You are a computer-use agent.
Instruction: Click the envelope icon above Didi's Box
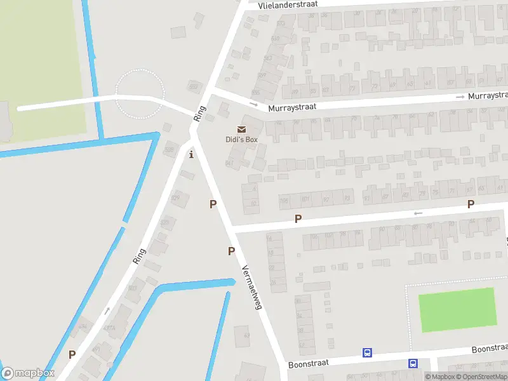[241, 130]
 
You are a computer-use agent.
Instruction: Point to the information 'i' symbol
[191, 154]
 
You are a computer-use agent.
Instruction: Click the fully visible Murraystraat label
[292, 108]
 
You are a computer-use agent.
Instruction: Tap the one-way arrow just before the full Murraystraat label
[254, 104]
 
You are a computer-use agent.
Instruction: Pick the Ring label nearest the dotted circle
[200, 113]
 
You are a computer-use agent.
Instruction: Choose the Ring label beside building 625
[139, 255]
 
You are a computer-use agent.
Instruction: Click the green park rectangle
[457, 310]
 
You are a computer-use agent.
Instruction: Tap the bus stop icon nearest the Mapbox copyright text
[413, 364]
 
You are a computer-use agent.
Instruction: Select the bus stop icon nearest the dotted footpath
[367, 352]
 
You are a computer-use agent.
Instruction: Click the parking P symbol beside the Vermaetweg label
[231, 251]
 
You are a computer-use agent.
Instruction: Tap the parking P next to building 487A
[72, 355]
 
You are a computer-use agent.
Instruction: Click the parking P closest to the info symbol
[213, 204]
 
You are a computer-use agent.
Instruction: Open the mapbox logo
[28, 373]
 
